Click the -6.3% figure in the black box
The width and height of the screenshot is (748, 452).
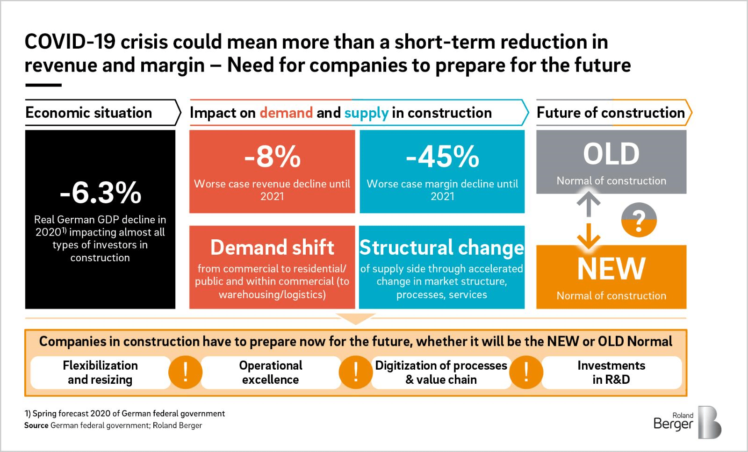coord(101,193)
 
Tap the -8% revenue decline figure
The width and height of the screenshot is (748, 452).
coord(272,156)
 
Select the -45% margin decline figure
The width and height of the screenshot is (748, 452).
coord(442,156)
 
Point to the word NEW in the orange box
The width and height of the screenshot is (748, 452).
coord(611,268)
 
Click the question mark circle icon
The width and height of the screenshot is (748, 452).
coord(639,219)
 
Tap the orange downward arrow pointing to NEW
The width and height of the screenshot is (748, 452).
coord(589,236)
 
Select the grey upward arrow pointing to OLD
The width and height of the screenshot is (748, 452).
coord(589,205)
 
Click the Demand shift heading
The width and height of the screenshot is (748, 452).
coord(272,247)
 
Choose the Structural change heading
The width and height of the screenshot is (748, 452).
coord(442,247)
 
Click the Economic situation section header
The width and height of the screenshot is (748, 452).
coord(89,113)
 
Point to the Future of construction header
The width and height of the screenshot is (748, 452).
coord(611,113)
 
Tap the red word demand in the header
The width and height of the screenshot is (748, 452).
coord(286,113)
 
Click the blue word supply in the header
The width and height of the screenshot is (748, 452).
coord(366,113)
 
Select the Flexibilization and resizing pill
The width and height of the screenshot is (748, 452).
coord(100,373)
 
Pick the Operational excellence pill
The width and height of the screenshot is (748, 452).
coord(271,373)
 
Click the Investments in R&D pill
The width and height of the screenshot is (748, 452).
coord(611,373)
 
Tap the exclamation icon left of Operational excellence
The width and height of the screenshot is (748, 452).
coord(186,373)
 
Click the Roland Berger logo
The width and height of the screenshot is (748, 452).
coord(687,422)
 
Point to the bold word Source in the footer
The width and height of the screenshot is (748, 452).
coord(36,425)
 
